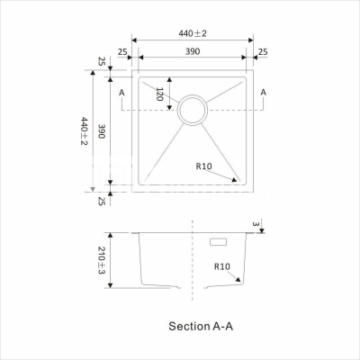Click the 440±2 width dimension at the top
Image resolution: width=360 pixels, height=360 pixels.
193,33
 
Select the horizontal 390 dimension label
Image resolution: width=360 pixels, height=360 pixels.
193,51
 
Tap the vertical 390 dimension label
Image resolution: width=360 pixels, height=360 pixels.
102,131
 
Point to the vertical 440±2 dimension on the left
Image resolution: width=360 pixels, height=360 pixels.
85,131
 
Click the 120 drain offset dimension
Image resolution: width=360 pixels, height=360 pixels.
159,94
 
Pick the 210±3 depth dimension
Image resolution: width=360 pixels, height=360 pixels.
102,260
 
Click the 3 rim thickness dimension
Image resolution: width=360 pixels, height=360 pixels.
256,224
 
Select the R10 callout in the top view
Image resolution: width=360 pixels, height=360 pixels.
204,166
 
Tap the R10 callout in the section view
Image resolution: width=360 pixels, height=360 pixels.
222,266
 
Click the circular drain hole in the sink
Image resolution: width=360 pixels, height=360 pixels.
193,95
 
